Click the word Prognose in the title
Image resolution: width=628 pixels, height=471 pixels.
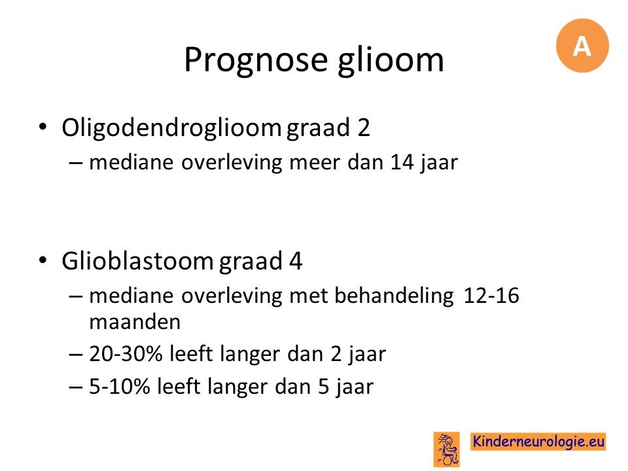click(256, 60)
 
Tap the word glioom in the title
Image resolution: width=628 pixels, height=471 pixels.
click(391, 60)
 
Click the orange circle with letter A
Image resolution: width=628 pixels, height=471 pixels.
click(582, 46)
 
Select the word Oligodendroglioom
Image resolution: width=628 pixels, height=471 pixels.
click(171, 128)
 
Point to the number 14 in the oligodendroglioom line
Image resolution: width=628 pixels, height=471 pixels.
click(402, 162)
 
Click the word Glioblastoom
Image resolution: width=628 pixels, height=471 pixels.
click(138, 261)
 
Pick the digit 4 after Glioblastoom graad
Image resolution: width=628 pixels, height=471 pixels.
click(295, 262)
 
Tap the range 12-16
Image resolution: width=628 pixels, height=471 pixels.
click(491, 296)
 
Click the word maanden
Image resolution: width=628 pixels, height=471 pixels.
click(135, 322)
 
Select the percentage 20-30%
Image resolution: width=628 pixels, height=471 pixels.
click(126, 354)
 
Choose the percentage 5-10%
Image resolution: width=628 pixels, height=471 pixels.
click(119, 387)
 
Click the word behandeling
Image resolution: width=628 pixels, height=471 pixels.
click(394, 296)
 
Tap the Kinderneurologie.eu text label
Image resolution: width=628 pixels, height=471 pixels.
click(538, 442)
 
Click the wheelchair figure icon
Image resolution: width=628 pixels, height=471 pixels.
click(447, 449)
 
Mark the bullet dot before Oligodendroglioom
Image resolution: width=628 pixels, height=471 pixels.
click(43, 128)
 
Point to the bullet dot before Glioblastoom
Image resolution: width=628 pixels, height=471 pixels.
click(43, 261)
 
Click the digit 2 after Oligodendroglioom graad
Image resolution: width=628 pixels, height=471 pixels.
click(364, 128)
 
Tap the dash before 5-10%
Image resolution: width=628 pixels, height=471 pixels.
click(76, 387)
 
